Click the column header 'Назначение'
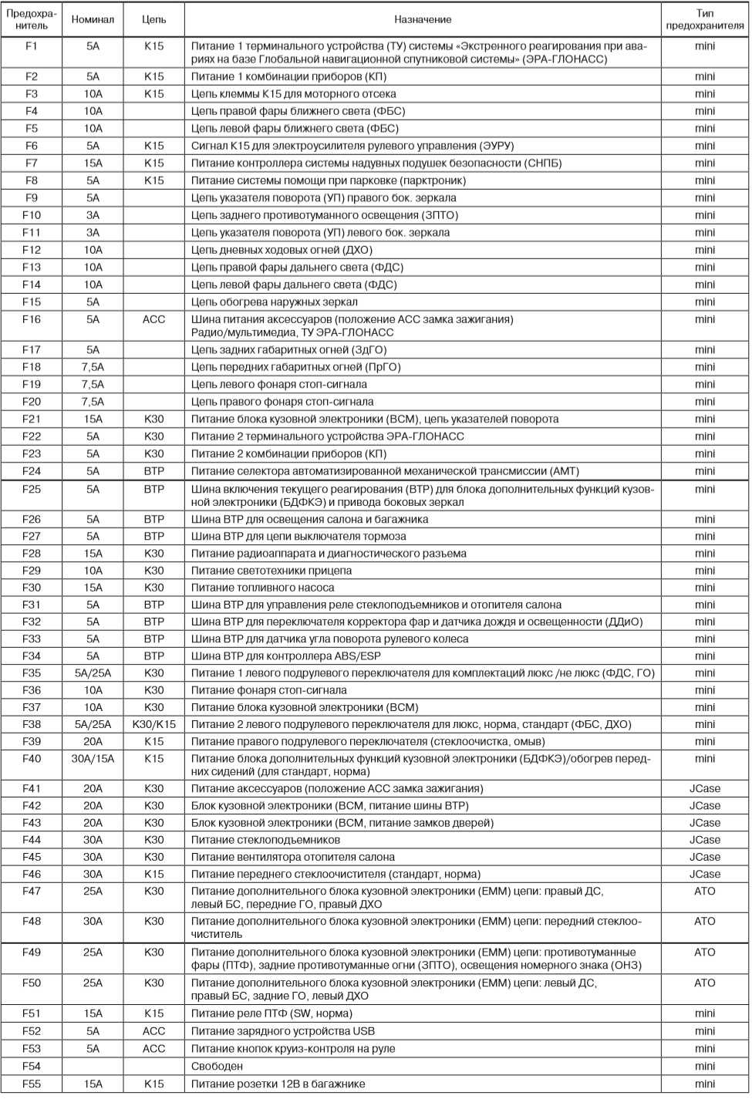point(423,19)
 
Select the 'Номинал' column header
point(93,19)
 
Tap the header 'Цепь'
point(153,19)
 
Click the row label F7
point(31,164)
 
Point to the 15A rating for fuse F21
point(93,420)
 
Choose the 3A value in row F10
point(93,215)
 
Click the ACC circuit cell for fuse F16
point(153,319)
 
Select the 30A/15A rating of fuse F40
point(93,759)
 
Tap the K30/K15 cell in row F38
point(153,725)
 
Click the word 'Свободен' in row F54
point(217,1067)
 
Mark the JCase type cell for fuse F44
point(704,840)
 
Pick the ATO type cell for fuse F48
point(704,922)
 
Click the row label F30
point(31,588)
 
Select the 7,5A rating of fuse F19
point(93,385)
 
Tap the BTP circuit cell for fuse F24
point(153,471)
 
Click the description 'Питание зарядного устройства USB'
point(283,1031)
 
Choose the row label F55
point(31,1084)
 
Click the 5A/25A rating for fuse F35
point(93,673)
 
